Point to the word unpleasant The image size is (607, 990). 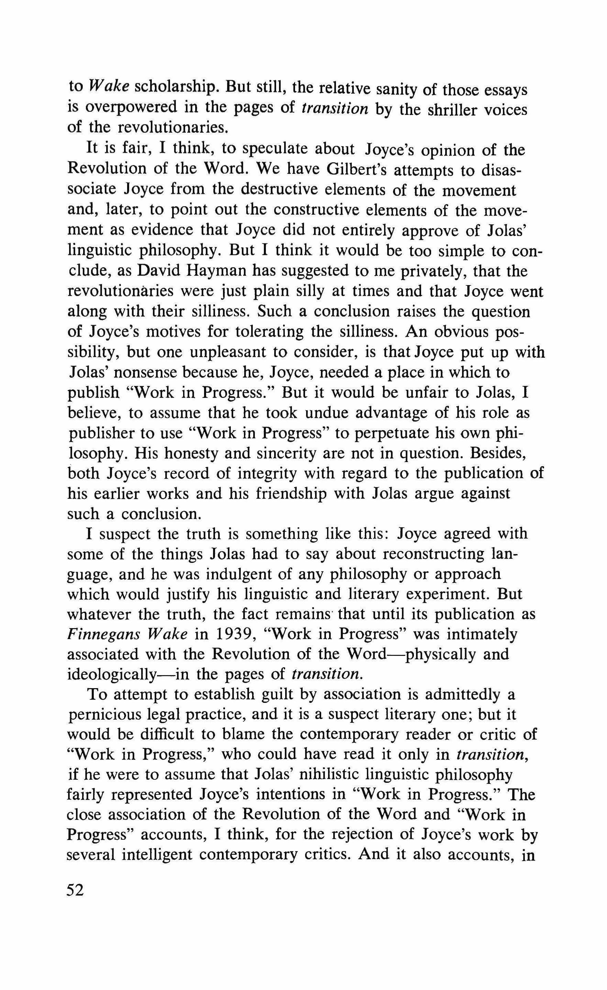click(x=227, y=352)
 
